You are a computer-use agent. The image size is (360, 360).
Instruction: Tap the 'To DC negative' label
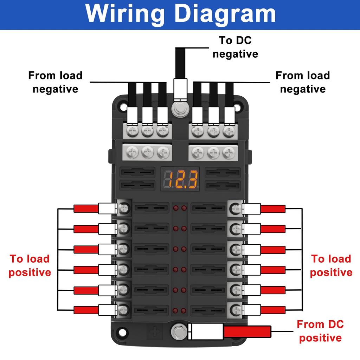[235, 47]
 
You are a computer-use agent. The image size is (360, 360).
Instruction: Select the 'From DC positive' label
[320, 331]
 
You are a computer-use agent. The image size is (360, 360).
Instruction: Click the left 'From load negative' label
[55, 82]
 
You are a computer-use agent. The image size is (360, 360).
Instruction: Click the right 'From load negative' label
[303, 82]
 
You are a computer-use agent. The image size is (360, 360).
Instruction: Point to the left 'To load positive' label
[30, 265]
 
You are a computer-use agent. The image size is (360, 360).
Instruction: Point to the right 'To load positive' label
[331, 265]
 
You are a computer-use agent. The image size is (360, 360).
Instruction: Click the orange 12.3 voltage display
[180, 179]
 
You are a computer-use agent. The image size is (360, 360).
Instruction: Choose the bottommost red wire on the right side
[273, 310]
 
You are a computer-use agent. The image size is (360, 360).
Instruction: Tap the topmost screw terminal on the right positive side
[235, 209]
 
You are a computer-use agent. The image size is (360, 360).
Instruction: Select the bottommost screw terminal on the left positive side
[123, 310]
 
